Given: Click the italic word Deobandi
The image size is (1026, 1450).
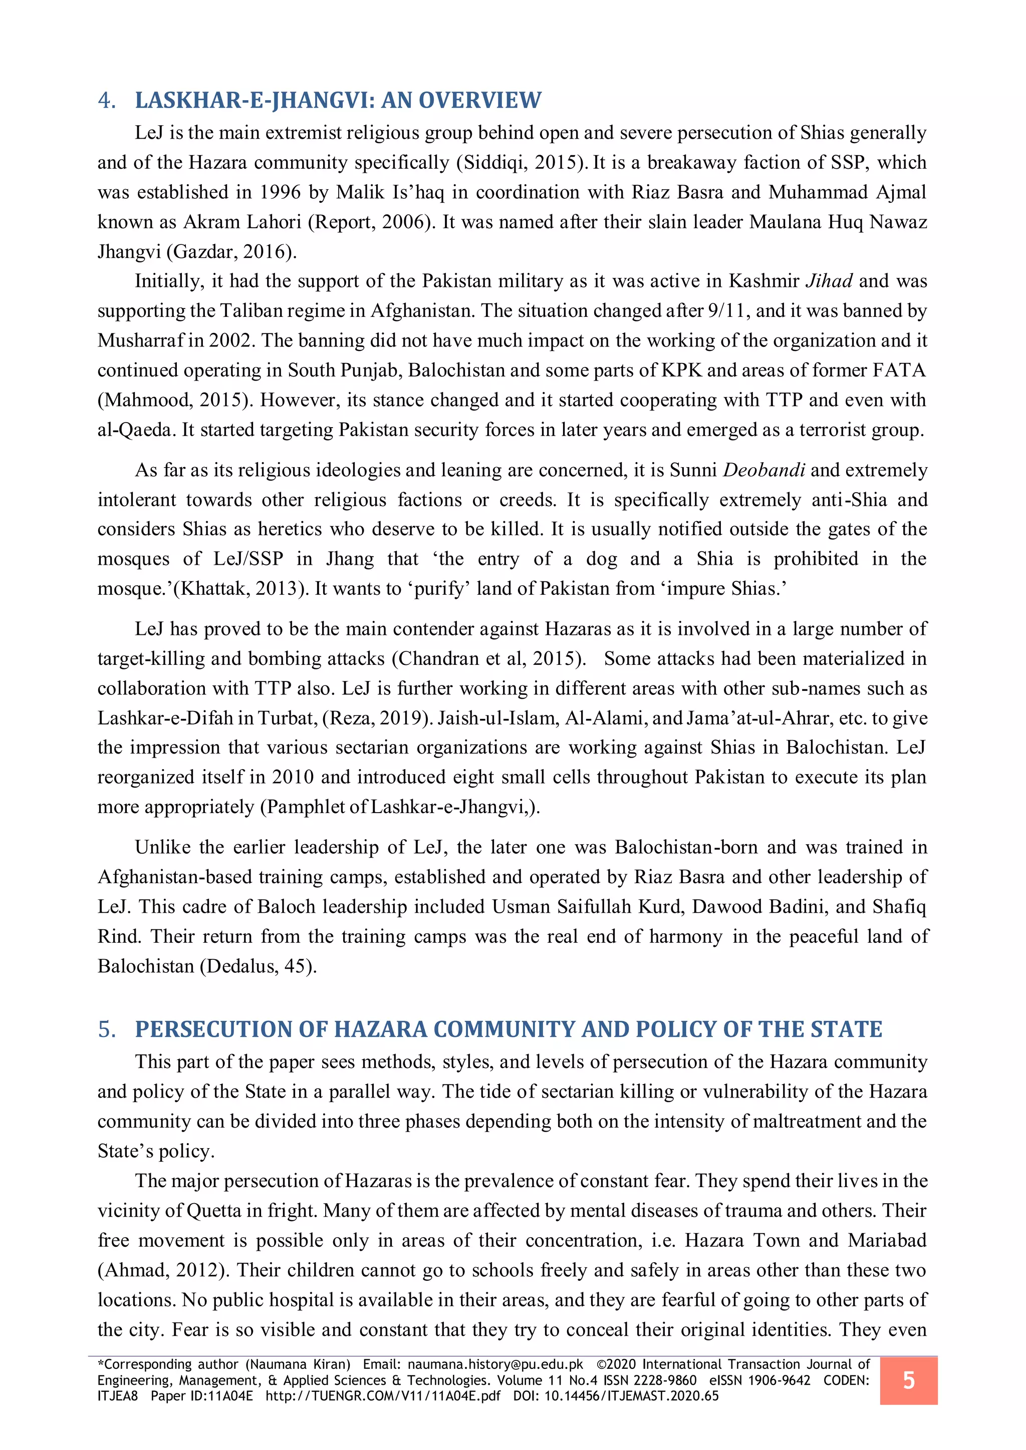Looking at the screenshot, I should pyautogui.click(x=764, y=470).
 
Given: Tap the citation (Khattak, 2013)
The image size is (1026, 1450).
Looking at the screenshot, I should pyautogui.click(x=241, y=589).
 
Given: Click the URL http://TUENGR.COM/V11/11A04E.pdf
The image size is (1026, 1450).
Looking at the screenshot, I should pyautogui.click(x=382, y=1396).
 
